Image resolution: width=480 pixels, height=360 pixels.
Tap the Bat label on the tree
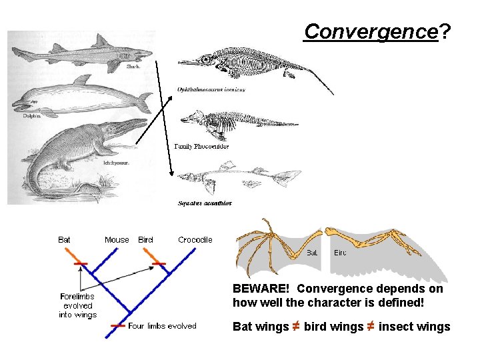point(65,240)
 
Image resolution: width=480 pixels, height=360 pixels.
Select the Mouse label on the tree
point(117,240)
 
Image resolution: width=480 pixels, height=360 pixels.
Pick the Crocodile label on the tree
point(195,240)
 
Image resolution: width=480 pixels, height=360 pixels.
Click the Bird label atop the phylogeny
point(145,240)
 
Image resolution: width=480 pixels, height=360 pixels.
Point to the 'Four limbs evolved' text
point(162,326)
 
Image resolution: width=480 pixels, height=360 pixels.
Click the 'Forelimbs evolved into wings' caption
point(78,305)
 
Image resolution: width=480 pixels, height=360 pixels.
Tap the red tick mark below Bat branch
point(81,264)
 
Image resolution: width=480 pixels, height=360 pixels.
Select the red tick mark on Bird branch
point(159,264)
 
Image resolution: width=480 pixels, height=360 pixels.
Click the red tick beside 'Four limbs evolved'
point(118,326)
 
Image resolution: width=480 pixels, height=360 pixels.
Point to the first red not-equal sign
point(295,327)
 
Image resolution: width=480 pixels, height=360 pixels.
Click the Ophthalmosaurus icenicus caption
point(211,89)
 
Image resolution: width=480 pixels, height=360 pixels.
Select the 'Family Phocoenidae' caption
point(201,146)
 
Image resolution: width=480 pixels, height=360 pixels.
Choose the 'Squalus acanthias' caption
point(205,203)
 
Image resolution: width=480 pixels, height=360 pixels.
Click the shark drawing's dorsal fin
point(101,41)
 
